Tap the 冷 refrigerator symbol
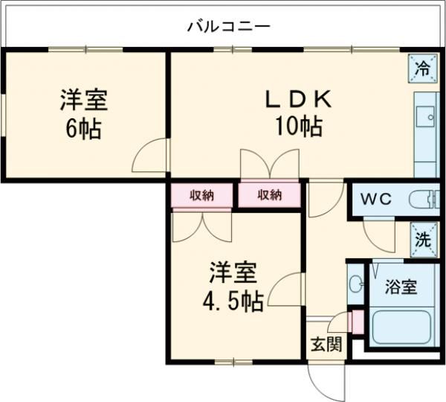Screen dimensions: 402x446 (421, 69)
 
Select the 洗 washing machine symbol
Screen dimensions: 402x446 (422, 240)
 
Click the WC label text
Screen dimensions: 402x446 (376, 200)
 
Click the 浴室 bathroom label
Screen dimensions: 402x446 (400, 287)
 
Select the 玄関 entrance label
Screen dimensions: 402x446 (326, 344)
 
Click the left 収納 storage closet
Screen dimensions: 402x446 (201, 196)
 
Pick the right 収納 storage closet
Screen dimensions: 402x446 (269, 196)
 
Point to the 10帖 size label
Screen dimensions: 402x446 (297, 127)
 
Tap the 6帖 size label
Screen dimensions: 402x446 (83, 128)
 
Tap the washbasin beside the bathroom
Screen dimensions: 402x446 (355, 284)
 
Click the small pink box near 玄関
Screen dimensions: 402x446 (356, 322)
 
